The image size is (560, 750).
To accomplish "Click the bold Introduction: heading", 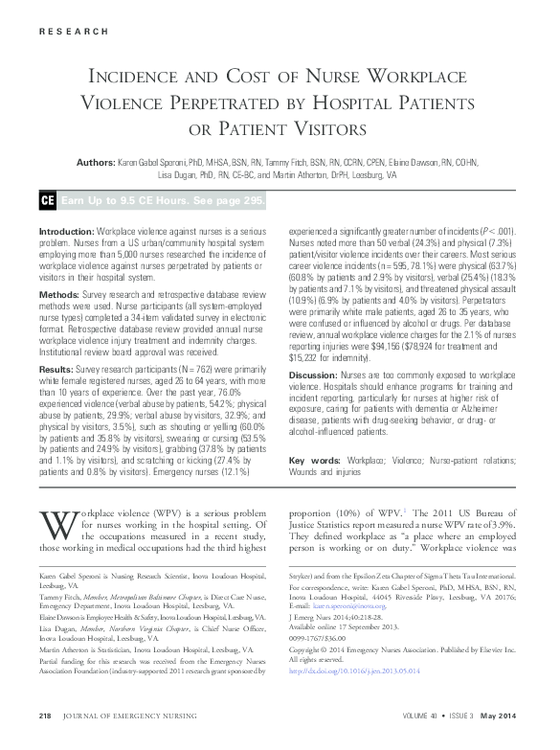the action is tap(66, 234).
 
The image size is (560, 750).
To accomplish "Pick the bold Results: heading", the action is tap(57, 343).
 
